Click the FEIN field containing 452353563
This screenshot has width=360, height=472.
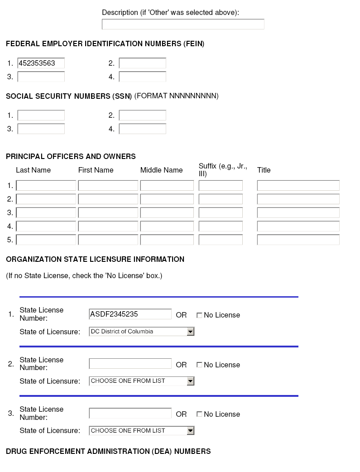pos(41,63)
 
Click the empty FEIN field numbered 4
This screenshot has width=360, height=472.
pos(142,77)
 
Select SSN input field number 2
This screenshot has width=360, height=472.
pos(142,115)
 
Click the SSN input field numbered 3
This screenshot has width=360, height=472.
pos(41,129)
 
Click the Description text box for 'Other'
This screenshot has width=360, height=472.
pos(183,24)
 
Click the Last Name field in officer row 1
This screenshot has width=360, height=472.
pos(46,185)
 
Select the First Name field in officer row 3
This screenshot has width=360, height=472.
pos(108,212)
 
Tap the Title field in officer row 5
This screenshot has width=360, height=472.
pos(298,240)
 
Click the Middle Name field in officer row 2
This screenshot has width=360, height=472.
pos(167,199)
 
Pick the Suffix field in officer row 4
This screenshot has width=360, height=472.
pos(221,226)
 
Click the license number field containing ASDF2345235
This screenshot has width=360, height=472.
pos(130,314)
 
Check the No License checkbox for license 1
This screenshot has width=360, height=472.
pos(199,315)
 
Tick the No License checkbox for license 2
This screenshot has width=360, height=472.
pos(199,365)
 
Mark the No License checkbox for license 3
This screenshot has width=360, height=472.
pos(199,414)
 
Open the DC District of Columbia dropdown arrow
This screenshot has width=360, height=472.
pos(191,332)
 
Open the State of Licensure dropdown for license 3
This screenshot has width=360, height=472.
pos(141,430)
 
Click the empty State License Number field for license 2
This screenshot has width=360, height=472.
pos(130,364)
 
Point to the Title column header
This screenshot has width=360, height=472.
pos(264,170)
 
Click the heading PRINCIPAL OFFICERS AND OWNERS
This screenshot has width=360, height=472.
pos(71,156)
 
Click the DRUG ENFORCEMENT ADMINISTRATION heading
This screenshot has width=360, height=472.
pos(108,451)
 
